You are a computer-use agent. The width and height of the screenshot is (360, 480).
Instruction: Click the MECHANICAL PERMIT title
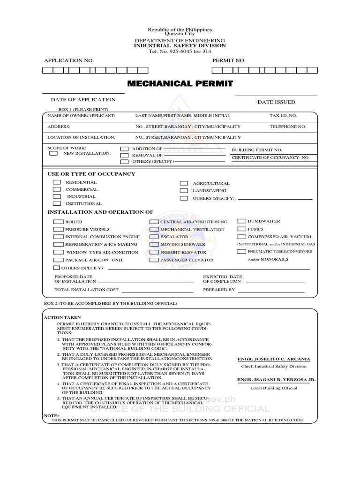[x=180, y=84]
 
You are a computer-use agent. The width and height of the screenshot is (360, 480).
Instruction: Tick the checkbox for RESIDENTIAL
[x=57, y=182]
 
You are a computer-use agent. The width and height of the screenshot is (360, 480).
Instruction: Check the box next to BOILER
[x=58, y=222]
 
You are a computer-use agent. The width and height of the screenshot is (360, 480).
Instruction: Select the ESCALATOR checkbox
[x=154, y=237]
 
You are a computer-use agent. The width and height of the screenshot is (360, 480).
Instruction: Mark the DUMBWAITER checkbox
[x=241, y=221]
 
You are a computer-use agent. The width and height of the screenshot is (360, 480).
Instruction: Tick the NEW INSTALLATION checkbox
[x=54, y=153]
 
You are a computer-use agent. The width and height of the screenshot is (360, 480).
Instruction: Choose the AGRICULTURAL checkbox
[x=184, y=184]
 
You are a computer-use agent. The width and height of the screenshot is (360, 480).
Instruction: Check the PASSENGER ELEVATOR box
[x=154, y=260]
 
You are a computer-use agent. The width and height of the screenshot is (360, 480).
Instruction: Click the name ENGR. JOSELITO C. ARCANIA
[x=274, y=359]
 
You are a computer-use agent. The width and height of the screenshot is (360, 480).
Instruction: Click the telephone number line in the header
[x=180, y=51]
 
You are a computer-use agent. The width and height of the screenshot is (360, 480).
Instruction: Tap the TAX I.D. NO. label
[x=283, y=115]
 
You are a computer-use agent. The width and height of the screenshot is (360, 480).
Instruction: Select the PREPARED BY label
[x=218, y=290]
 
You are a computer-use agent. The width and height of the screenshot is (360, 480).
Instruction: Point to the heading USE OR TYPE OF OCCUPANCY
[x=91, y=174]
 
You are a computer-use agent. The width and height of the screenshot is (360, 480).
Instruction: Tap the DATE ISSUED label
[x=276, y=102]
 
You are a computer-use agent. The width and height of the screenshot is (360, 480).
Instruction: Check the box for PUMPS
[x=241, y=229]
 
